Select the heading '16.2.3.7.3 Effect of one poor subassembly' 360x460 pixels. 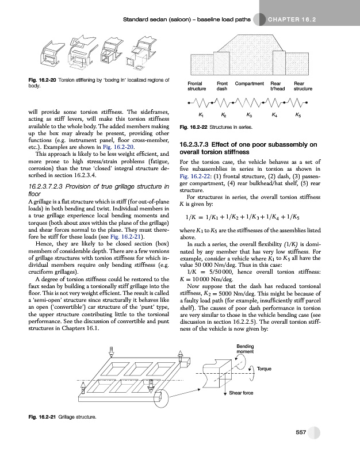click(x=248, y=148)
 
